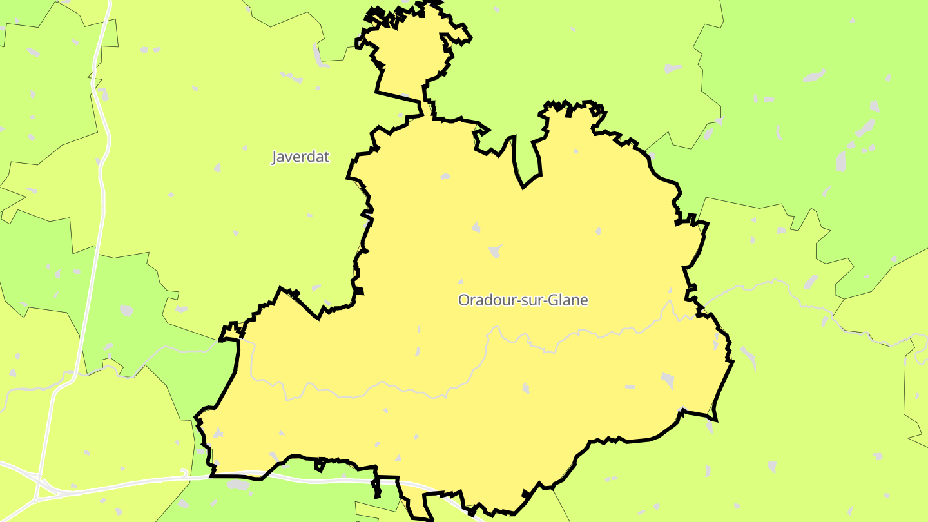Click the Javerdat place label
coord(300,157)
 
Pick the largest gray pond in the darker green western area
coord(126,311)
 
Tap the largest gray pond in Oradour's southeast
coord(668,380)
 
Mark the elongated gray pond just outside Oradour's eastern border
coord(748,354)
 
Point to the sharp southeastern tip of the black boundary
coord(715,420)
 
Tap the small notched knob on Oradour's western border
coord(229,333)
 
